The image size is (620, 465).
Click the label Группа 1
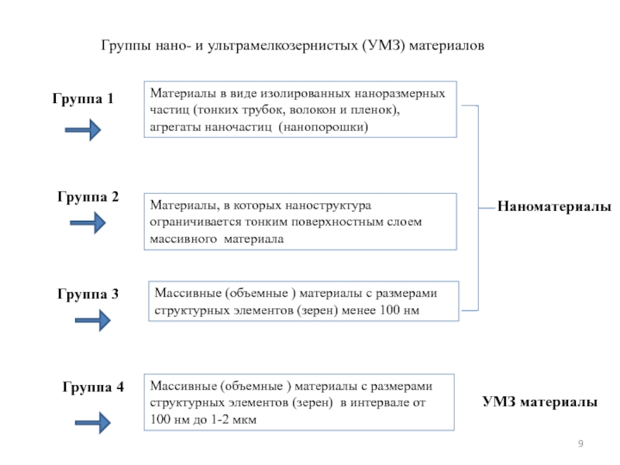click(x=83, y=98)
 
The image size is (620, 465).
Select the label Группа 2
click(x=88, y=197)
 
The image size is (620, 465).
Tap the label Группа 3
click(x=88, y=294)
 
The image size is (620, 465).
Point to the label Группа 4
click(x=93, y=387)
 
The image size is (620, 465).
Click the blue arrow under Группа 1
click(x=83, y=129)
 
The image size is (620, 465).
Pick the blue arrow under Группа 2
click(x=88, y=222)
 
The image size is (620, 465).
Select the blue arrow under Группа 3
click(x=93, y=320)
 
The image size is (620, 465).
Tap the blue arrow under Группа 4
click(x=93, y=422)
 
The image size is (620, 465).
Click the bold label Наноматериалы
click(x=554, y=206)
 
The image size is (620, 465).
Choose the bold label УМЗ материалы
click(x=539, y=401)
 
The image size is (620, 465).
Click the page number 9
click(x=580, y=443)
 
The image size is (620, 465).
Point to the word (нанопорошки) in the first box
click(x=323, y=127)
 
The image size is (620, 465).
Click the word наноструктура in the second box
click(x=328, y=205)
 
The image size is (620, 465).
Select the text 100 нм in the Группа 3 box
click(x=399, y=310)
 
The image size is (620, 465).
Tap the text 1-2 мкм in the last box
click(x=233, y=419)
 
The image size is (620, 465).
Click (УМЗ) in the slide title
click(x=383, y=46)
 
